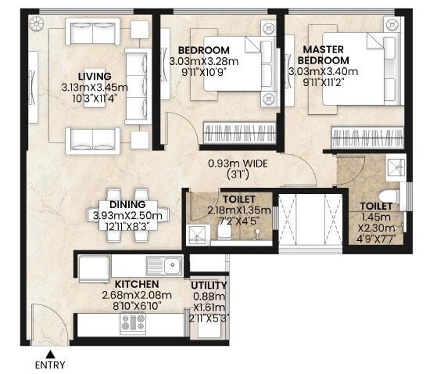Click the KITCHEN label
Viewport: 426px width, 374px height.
[138, 283]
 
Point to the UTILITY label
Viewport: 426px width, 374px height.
[209, 286]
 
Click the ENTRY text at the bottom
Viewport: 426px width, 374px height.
[51, 365]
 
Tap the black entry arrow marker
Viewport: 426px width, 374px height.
[51, 354]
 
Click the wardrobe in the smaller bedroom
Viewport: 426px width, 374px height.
[238, 132]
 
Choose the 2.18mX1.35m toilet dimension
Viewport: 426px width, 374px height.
[238, 210]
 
